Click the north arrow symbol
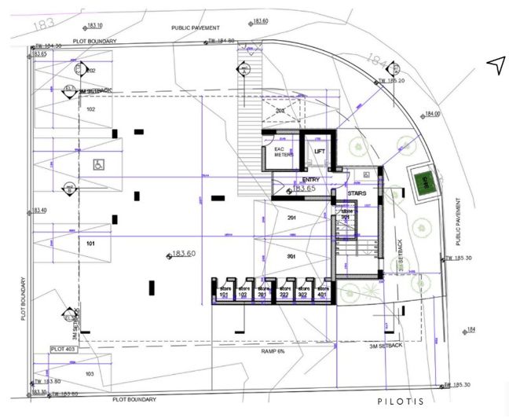(495, 66)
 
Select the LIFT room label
(320, 151)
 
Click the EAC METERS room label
(283, 152)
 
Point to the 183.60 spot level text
(182, 254)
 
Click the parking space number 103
(89, 374)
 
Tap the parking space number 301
(291, 256)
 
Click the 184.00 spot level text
(432, 114)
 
